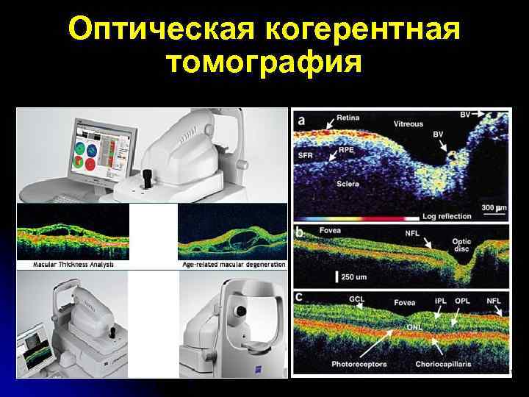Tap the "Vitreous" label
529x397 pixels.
coord(409,124)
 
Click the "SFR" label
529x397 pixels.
coord(306,157)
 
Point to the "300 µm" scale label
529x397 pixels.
coord(493,209)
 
